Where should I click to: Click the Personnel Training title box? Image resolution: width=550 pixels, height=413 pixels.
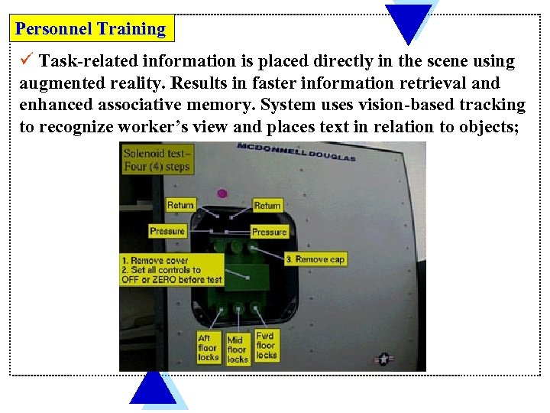(91, 29)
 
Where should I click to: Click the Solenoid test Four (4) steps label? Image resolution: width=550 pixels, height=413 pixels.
(157, 160)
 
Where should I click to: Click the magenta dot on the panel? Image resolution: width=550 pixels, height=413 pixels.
(222, 193)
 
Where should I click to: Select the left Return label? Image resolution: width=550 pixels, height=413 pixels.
(180, 205)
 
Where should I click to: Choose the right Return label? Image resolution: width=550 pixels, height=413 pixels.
(267, 205)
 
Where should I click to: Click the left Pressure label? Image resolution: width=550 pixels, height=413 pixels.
(167, 230)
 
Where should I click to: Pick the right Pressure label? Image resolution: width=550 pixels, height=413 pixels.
(269, 232)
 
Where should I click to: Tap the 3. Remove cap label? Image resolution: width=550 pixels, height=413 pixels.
(315, 259)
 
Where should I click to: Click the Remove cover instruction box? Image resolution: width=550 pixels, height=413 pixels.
(172, 270)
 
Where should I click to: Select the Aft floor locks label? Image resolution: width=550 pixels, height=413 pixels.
(209, 347)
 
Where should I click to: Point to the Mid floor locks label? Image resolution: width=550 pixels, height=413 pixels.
(238, 349)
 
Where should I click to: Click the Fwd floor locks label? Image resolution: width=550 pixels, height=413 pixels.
(266, 345)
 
